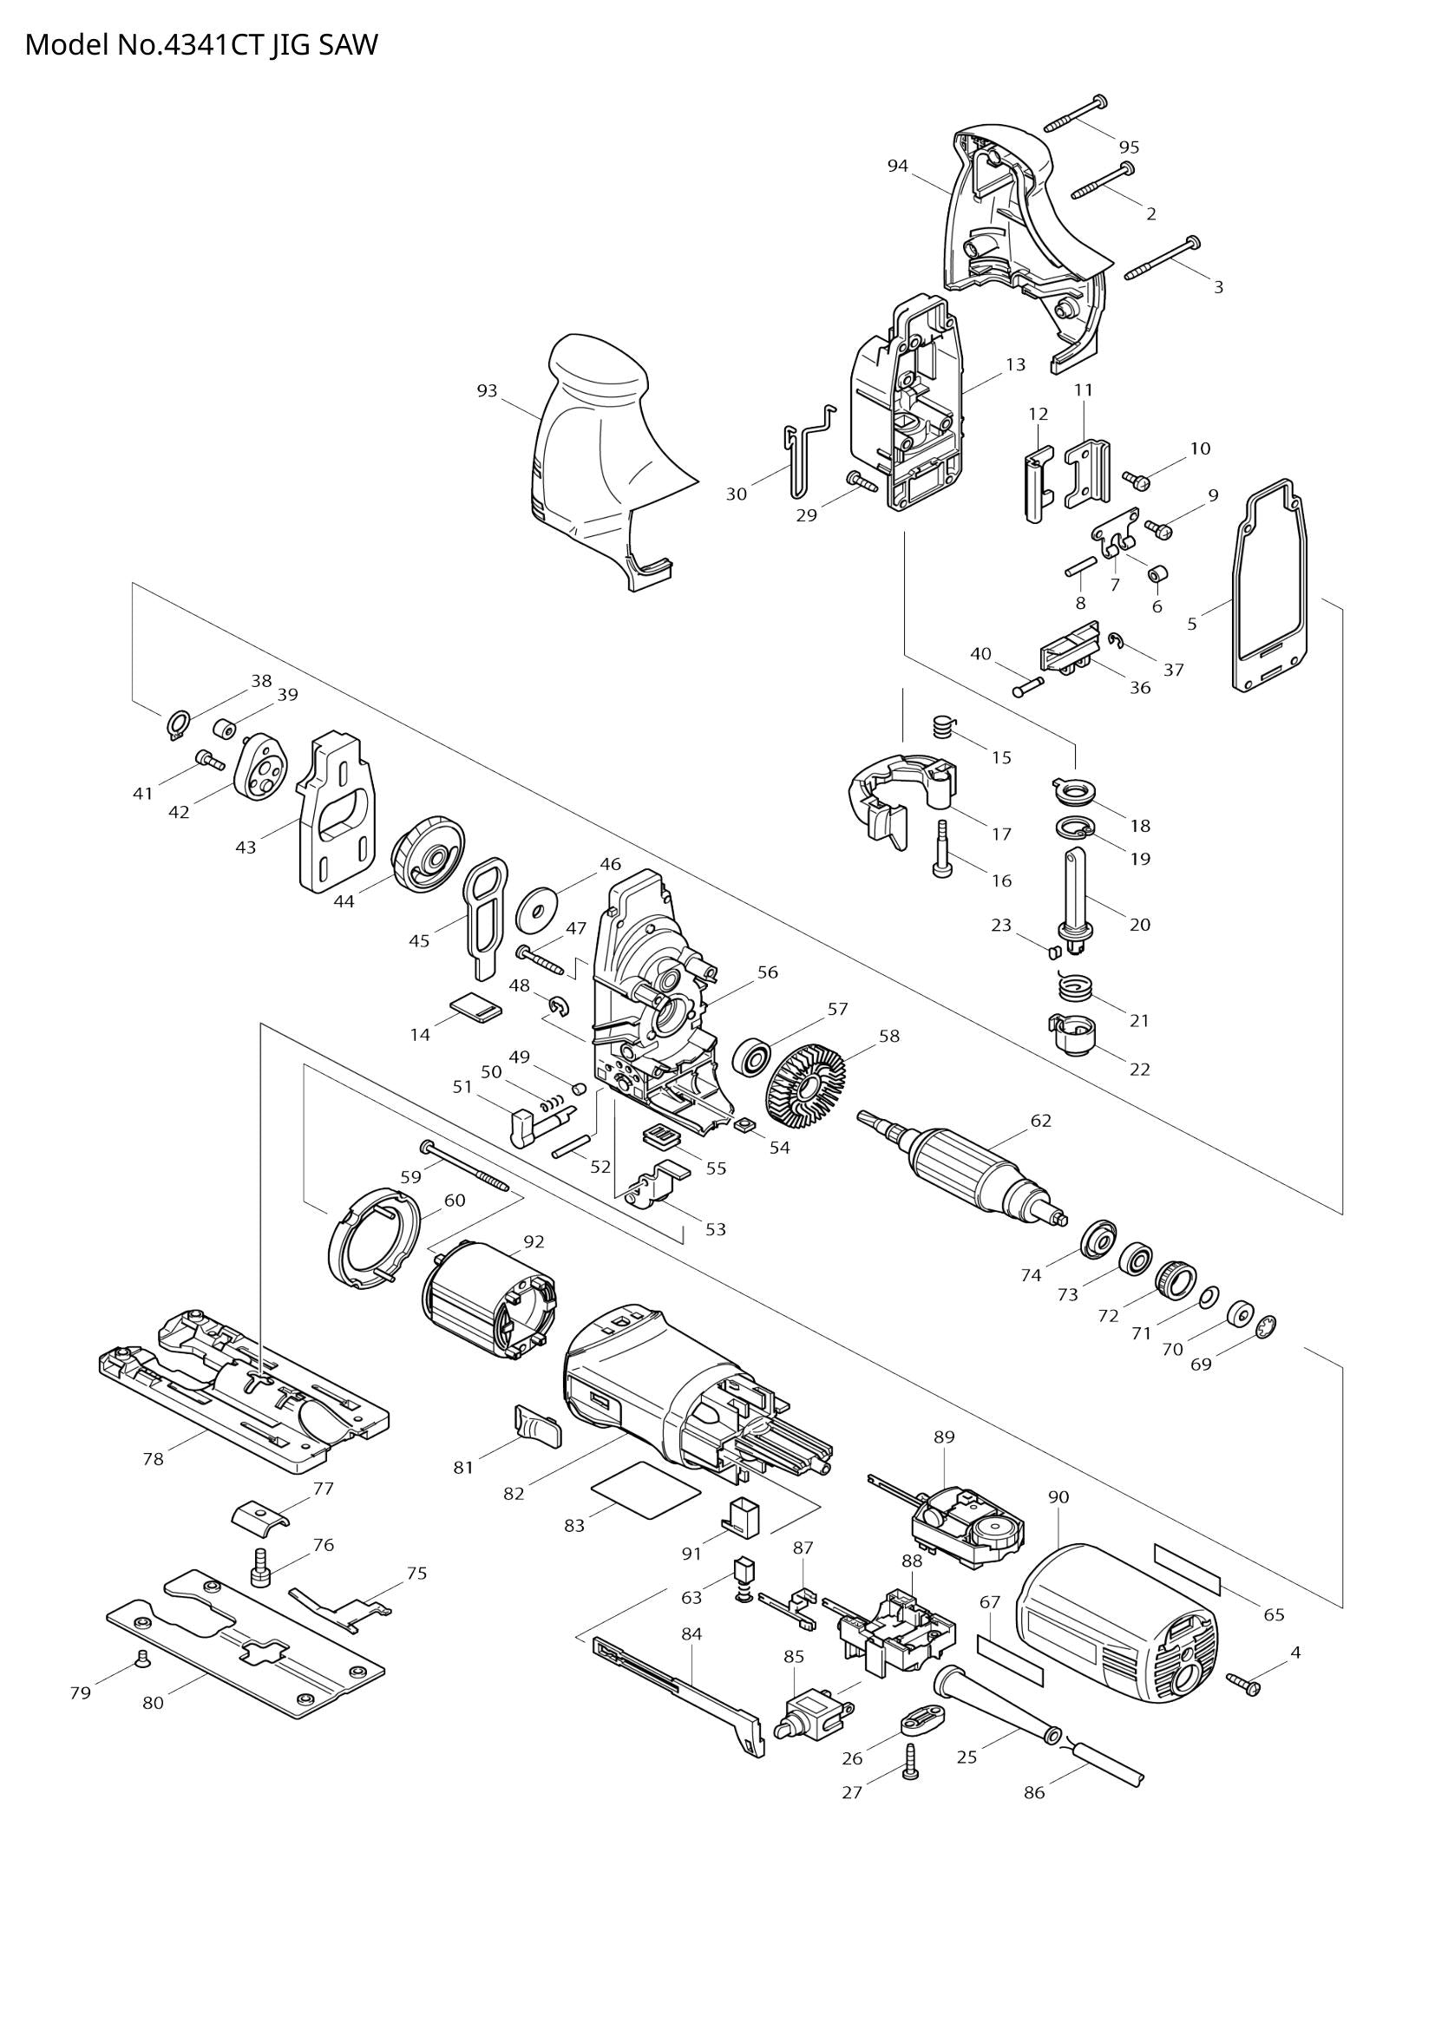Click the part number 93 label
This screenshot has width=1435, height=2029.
[x=487, y=390]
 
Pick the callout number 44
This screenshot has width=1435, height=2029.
[x=344, y=901]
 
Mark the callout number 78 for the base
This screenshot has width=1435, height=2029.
[x=153, y=1459]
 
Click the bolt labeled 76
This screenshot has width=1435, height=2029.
[x=262, y=1568]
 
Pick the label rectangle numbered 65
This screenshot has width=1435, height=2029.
[x=1187, y=1568]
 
